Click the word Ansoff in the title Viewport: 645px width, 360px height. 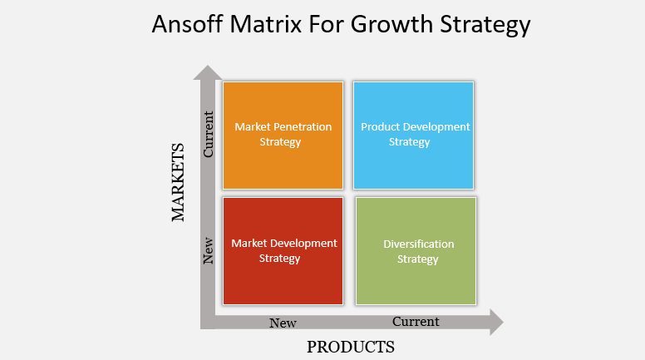pos(188,24)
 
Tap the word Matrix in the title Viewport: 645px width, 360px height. pos(266,24)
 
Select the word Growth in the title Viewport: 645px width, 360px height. pos(392,24)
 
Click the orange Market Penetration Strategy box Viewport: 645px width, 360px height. pos(283,136)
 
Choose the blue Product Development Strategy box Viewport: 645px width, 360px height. pos(413,136)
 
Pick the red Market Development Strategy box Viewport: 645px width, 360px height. pos(283,251)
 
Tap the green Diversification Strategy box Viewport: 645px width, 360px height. pos(416,251)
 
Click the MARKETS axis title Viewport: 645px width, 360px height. pos(178,182)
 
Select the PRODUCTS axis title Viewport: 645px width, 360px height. pos(351,347)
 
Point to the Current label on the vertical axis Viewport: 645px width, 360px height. pos(208,134)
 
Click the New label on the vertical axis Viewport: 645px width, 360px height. pos(208,250)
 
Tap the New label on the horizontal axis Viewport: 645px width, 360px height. pos(283,323)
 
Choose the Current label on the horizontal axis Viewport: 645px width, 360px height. pos(416,321)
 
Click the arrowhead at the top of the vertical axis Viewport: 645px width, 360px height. pos(208,72)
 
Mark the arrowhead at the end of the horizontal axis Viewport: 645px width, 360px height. pos(496,322)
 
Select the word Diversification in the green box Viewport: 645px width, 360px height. pos(419,244)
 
